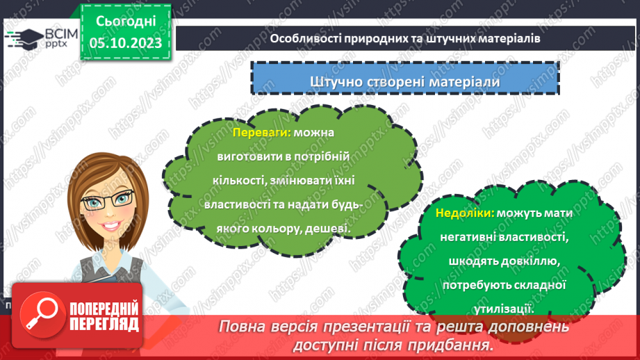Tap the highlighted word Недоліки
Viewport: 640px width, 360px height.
[464, 214]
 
